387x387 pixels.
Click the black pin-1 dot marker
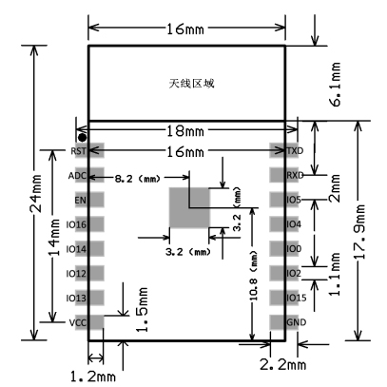pos(82,138)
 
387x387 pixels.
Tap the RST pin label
pos(78,151)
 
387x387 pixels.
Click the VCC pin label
pos(78,323)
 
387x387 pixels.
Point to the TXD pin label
pos(295,151)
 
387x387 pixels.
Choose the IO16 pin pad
pos(89,224)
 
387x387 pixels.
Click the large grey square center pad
pos(189,207)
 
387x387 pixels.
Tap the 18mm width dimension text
pos(185,130)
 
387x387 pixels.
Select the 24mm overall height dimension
pos(35,193)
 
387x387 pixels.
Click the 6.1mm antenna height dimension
pos(336,85)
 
